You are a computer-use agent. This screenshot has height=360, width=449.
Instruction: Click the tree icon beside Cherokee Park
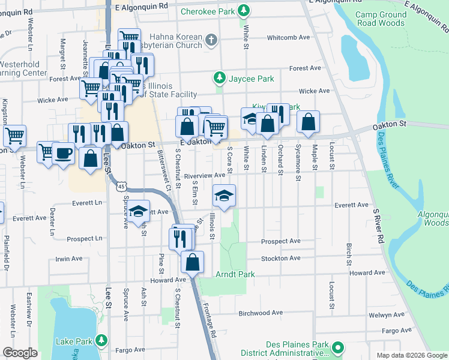244,10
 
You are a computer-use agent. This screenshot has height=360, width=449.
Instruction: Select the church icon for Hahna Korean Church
210,40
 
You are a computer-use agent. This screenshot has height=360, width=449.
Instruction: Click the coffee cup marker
63,154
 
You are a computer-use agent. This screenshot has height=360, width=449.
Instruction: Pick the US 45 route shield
122,187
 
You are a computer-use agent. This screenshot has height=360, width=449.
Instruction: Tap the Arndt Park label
235,275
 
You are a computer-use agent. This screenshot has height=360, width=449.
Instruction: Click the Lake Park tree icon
101,341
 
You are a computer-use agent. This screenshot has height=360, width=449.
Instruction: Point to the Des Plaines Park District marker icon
337,347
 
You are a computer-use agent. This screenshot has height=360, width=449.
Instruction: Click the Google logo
20,353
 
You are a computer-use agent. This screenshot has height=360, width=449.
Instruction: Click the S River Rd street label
378,226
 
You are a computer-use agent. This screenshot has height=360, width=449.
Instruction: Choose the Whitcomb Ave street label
288,37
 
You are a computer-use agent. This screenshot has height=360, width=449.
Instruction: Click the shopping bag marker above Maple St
308,122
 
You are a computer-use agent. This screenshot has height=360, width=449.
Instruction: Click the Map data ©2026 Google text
411,355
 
